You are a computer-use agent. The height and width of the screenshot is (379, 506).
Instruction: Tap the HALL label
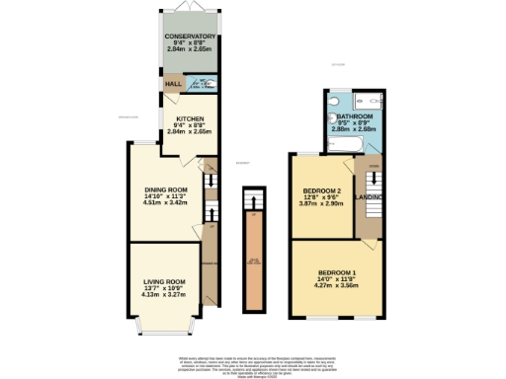pos(173,85)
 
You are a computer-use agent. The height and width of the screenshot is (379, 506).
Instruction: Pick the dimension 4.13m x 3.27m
pos(164,294)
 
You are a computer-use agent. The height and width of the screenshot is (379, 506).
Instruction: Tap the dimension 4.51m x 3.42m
pos(165,202)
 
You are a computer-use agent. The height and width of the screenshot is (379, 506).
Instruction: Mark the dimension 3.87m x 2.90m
pos(322,203)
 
